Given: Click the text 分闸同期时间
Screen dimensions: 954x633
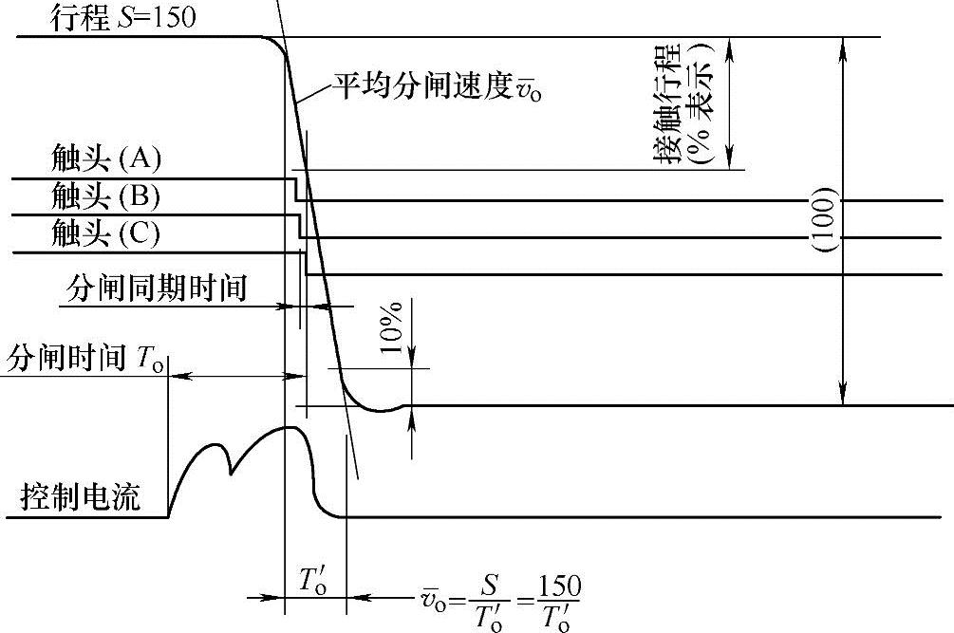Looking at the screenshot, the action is pyautogui.click(x=158, y=288).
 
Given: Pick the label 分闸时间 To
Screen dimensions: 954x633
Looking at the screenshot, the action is pyautogui.click(x=85, y=358).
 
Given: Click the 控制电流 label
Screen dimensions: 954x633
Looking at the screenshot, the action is pyautogui.click(x=81, y=496).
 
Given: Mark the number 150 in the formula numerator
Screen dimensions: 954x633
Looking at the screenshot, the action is pyautogui.click(x=557, y=582).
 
